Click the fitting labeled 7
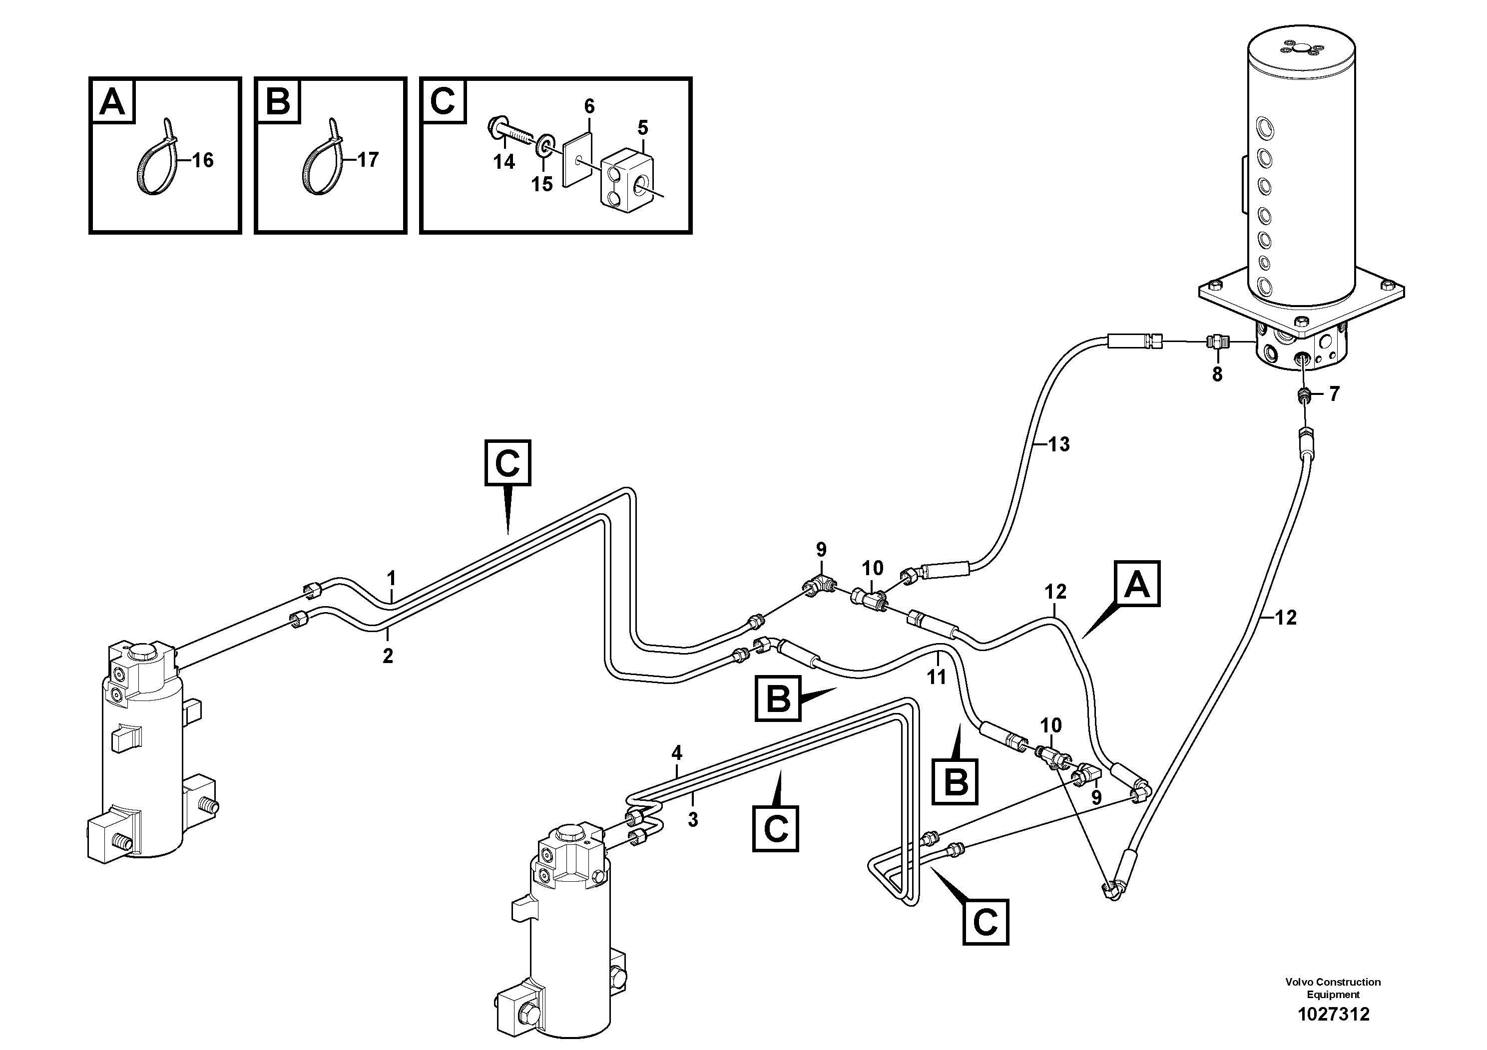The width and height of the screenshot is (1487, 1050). tap(1304, 394)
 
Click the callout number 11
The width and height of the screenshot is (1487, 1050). tap(937, 677)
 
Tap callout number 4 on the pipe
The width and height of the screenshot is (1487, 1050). tap(677, 753)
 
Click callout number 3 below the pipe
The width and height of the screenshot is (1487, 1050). tap(693, 819)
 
